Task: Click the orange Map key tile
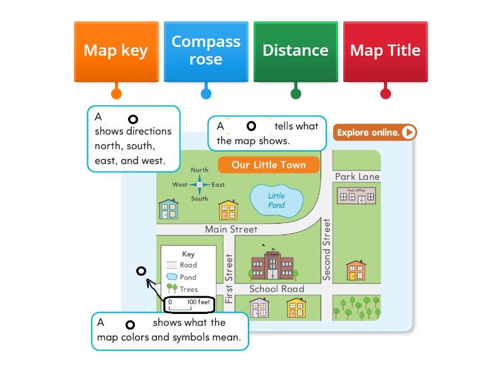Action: [x=116, y=51]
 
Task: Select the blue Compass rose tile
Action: [x=206, y=51]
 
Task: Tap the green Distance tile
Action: [x=296, y=51]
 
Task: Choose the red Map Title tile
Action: [x=385, y=51]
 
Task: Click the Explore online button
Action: [x=375, y=132]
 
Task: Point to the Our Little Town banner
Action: [x=269, y=165]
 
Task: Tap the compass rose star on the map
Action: [x=200, y=184]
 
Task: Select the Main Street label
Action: [x=231, y=229]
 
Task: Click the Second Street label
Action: [x=326, y=249]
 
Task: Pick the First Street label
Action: [x=229, y=278]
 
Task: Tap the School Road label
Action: [x=277, y=289]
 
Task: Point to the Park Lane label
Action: [x=357, y=177]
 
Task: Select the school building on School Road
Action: [x=272, y=266]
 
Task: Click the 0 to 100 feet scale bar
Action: [x=189, y=305]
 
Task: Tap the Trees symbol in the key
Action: [x=171, y=289]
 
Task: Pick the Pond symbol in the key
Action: [x=171, y=277]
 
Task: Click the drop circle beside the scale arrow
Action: [x=141, y=271]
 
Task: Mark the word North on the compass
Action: [x=200, y=170]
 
